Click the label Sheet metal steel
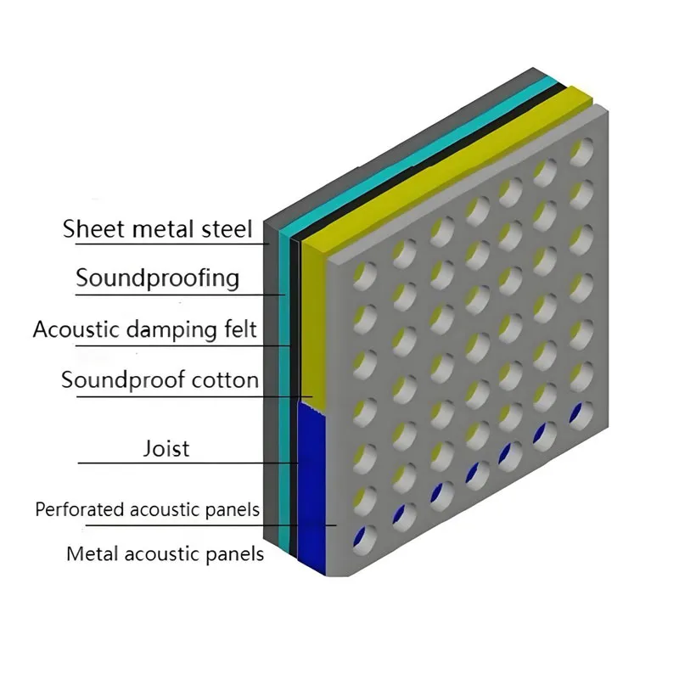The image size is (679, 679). pos(158,228)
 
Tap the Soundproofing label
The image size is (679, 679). pos(157,278)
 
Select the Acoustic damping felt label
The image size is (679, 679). pos(144,328)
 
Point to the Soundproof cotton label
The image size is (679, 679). pos(160,379)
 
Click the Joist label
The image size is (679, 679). pos(166,447)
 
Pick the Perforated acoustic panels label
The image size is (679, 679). pos(147,509)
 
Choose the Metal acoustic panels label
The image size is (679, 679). pos(166,554)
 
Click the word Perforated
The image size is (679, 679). pos(81,509)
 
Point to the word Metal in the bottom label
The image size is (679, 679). pos(93,554)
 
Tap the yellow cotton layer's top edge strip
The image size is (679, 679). pos(441,161)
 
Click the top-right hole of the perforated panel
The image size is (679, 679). pos(581,152)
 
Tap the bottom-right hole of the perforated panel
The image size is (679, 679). pos(581,415)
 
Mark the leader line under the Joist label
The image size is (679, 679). pos(187,463)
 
